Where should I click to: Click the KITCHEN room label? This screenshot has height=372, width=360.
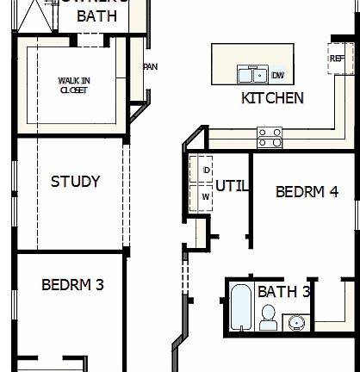click(272, 98)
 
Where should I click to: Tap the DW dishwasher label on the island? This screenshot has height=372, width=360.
click(278, 75)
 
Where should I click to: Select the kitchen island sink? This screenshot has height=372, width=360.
click(251, 75)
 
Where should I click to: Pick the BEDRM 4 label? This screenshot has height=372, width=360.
click(306, 191)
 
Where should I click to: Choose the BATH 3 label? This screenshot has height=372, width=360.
click(283, 291)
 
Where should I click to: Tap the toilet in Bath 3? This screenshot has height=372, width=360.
click(268, 320)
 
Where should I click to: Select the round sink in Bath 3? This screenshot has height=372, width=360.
click(295, 323)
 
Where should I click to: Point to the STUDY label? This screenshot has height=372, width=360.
click(75, 182)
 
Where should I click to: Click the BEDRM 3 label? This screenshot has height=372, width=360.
click(72, 284)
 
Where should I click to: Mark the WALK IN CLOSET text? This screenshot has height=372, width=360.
click(73, 84)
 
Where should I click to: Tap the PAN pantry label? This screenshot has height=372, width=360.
click(150, 66)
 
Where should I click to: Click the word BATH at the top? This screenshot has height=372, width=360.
click(97, 16)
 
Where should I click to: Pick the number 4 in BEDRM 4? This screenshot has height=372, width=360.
click(332, 191)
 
